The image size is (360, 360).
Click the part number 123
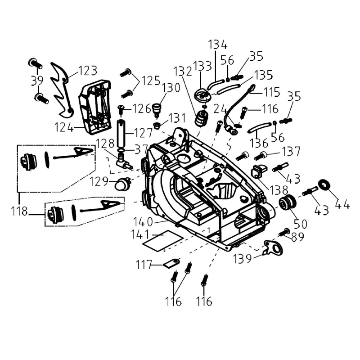click(88, 71)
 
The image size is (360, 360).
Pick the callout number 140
click(143, 221)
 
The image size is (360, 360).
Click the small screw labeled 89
click(284, 233)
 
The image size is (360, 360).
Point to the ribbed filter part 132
click(201, 120)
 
